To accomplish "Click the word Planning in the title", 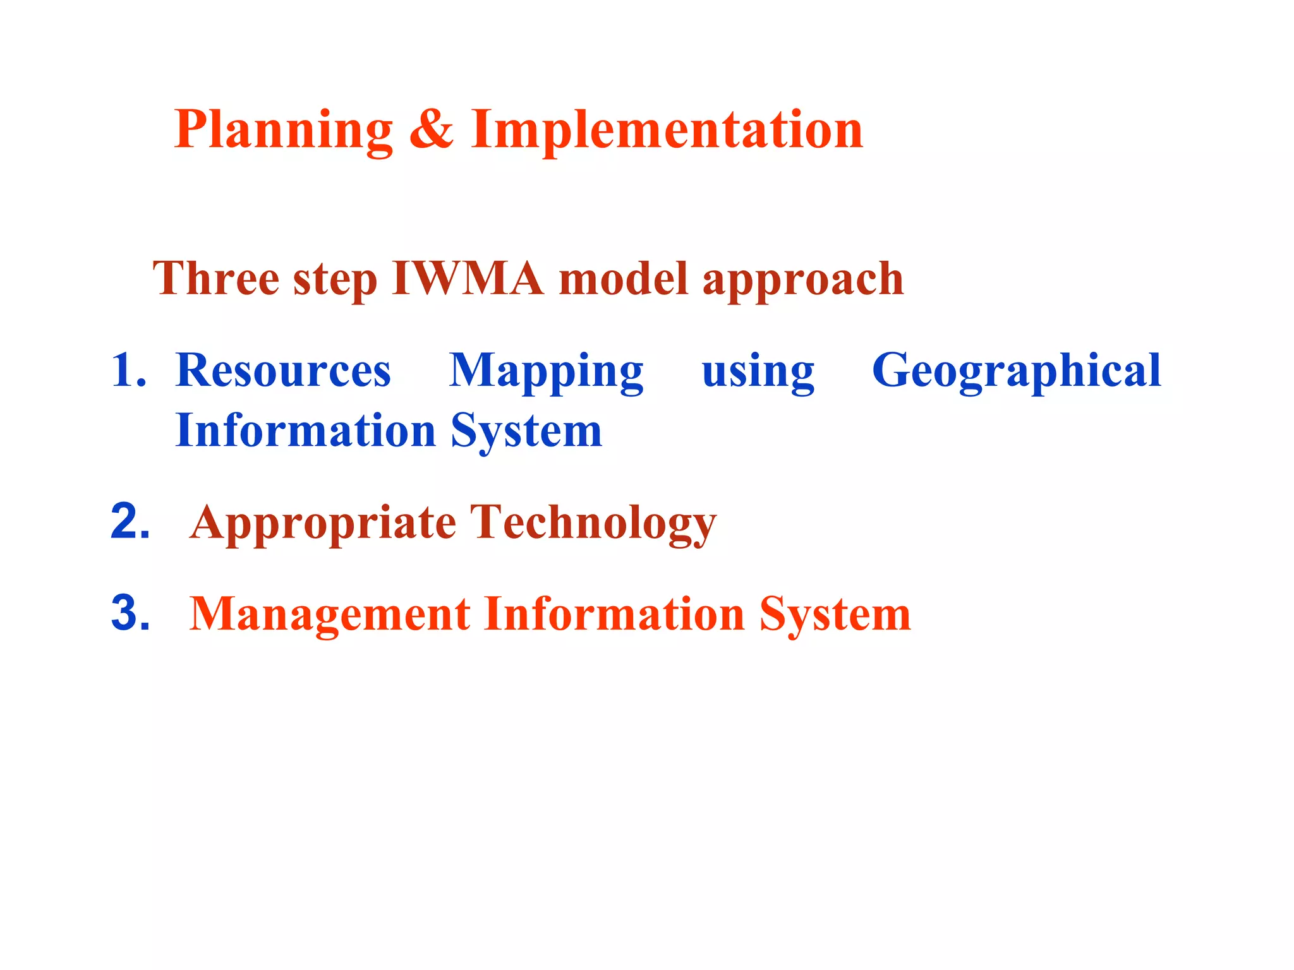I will [x=283, y=131].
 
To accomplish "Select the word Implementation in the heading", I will [x=667, y=131].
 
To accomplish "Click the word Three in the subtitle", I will [x=215, y=278].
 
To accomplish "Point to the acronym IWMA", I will [x=468, y=278].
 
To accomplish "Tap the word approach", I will [x=803, y=282].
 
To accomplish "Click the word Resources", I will [x=283, y=370].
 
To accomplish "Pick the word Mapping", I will [x=546, y=373].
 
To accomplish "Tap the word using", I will [x=758, y=373].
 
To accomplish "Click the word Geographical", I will [x=1016, y=373].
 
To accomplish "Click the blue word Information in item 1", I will [x=306, y=431].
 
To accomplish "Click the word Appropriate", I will [x=323, y=525].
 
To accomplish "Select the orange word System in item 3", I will [x=835, y=616].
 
